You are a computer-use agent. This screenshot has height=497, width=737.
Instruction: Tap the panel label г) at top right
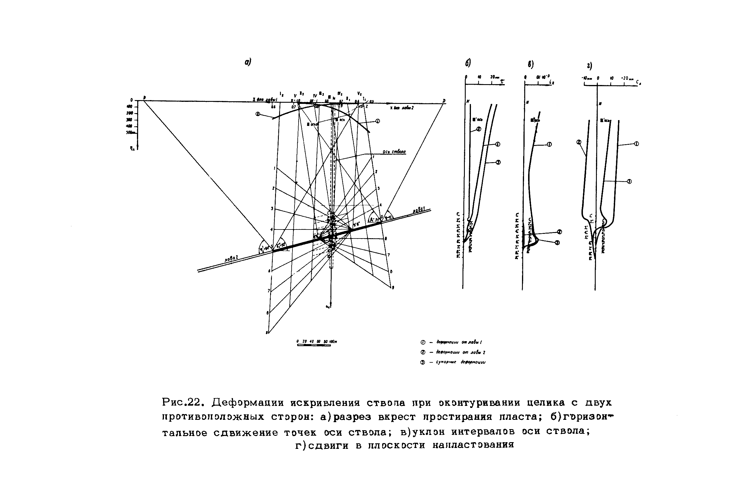pyautogui.click(x=589, y=66)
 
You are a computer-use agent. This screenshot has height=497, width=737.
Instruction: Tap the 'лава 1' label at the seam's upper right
pyautogui.click(x=419, y=210)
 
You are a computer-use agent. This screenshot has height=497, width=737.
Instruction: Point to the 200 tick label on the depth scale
pyautogui.click(x=130, y=113)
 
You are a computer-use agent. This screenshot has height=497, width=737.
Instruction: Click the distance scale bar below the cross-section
pyautogui.click(x=314, y=345)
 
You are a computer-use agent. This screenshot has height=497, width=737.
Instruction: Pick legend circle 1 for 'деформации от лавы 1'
pyautogui.click(x=422, y=342)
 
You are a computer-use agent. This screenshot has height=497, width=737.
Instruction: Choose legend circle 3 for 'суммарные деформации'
pyautogui.click(x=422, y=363)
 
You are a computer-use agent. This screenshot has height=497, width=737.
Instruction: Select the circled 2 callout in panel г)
pyautogui.click(x=579, y=142)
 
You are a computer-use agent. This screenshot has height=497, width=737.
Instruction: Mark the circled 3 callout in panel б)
pyautogui.click(x=498, y=162)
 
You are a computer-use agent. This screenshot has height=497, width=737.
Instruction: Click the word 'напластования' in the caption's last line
pyautogui.click(x=473, y=445)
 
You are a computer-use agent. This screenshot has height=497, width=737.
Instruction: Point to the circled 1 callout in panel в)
pyautogui.click(x=549, y=144)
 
